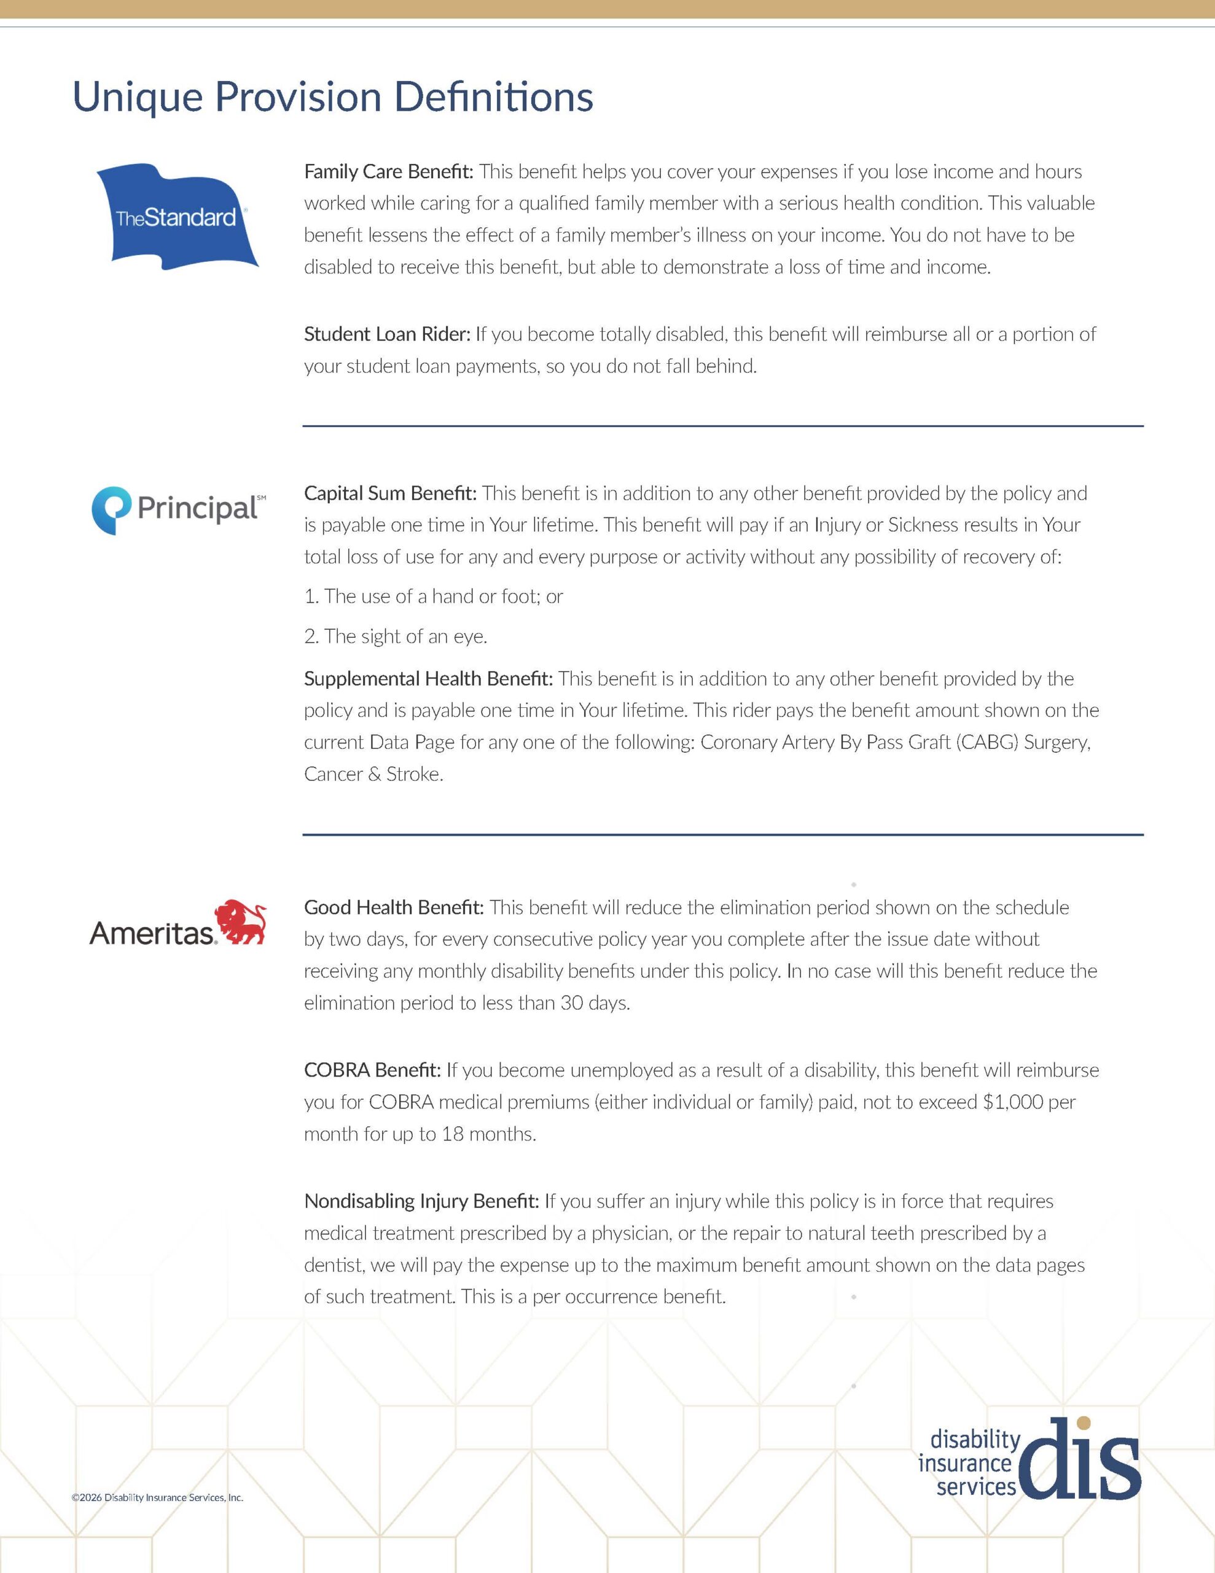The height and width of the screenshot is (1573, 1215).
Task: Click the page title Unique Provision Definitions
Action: [x=333, y=97]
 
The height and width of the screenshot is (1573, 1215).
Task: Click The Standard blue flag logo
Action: [x=177, y=217]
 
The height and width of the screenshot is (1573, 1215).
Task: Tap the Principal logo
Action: [x=178, y=510]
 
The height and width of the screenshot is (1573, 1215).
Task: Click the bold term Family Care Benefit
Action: [x=388, y=172]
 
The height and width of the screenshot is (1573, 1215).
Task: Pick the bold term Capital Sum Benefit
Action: [x=389, y=493]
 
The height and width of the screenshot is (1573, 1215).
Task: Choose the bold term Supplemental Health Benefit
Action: [x=428, y=678]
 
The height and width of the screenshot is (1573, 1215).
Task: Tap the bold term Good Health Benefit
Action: [x=393, y=908]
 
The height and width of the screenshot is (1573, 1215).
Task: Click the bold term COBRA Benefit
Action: [x=372, y=1070]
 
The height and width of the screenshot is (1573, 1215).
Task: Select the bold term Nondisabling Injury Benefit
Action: [x=421, y=1201]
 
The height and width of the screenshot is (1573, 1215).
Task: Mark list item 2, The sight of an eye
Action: [x=396, y=637]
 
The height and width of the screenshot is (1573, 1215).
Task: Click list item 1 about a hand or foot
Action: [x=433, y=597]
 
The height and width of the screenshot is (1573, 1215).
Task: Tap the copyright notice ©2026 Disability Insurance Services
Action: [x=157, y=1497]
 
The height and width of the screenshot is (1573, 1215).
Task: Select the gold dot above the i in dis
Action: [x=1083, y=1423]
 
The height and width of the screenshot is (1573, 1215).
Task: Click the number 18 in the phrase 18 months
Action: [x=452, y=1134]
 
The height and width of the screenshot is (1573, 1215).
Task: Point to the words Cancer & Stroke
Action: [x=373, y=774]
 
